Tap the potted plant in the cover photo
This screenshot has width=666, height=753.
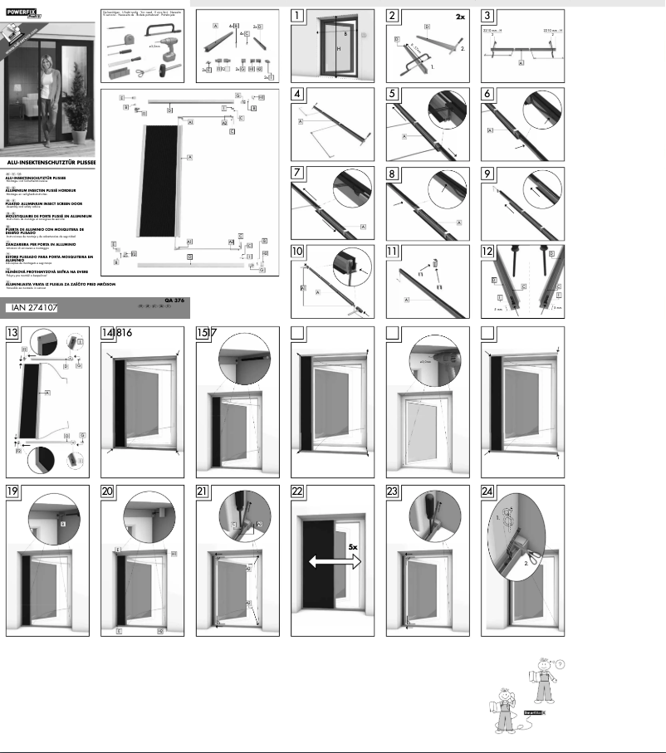(x=79, y=125)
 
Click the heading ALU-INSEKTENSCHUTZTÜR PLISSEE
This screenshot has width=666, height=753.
(x=50, y=162)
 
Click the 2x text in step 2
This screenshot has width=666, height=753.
(x=461, y=16)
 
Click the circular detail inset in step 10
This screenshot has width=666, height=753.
(x=351, y=266)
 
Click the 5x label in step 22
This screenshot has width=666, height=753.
(x=353, y=548)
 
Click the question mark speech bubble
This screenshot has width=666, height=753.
(x=559, y=663)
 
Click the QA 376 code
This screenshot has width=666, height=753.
(x=174, y=300)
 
